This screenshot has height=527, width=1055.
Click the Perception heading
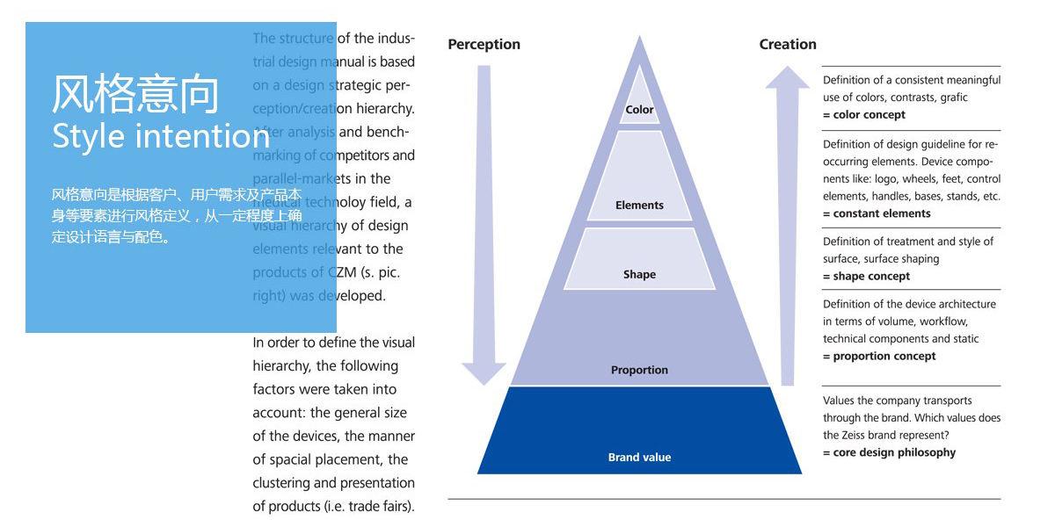coord(484,45)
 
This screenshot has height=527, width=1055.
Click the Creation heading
coord(788,45)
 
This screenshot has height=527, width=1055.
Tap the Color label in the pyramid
coord(639,110)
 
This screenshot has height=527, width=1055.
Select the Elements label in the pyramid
coord(639,206)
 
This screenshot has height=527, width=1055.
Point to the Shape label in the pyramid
coord(639,275)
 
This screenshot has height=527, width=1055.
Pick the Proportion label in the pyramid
coord(639,371)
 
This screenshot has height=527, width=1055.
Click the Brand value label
coord(639,458)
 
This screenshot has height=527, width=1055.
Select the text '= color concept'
coord(864,115)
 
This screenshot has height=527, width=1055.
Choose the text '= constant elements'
coord(877,213)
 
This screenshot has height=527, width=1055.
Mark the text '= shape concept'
coord(866,277)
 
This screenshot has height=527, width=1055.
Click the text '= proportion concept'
coord(879,357)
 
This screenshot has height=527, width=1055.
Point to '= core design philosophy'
coord(889,453)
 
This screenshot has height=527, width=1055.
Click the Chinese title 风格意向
coord(135,95)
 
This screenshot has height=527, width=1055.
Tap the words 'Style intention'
coord(161,137)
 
